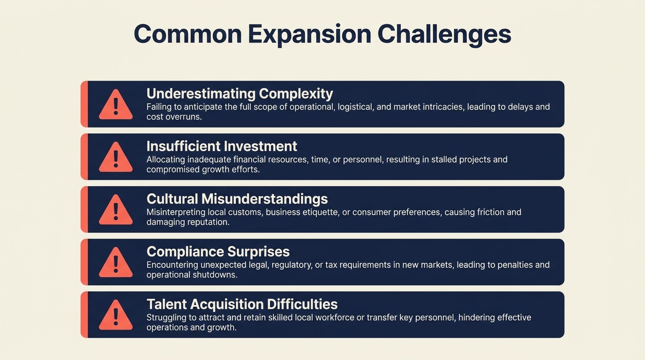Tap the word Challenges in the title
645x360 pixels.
(x=444, y=34)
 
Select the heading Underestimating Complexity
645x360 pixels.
(x=240, y=94)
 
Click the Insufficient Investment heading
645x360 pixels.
(x=222, y=146)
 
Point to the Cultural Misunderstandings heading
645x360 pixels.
(x=237, y=199)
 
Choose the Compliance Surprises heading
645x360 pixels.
(x=218, y=251)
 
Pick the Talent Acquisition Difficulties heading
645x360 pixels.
(x=242, y=304)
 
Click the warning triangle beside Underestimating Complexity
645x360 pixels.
(x=116, y=105)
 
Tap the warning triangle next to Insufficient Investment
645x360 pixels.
(x=116, y=157)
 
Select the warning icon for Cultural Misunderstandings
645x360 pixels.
(x=116, y=210)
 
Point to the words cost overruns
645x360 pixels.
(x=174, y=117)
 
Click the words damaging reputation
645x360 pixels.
(x=187, y=222)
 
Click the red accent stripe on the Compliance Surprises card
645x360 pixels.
(x=84, y=262)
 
